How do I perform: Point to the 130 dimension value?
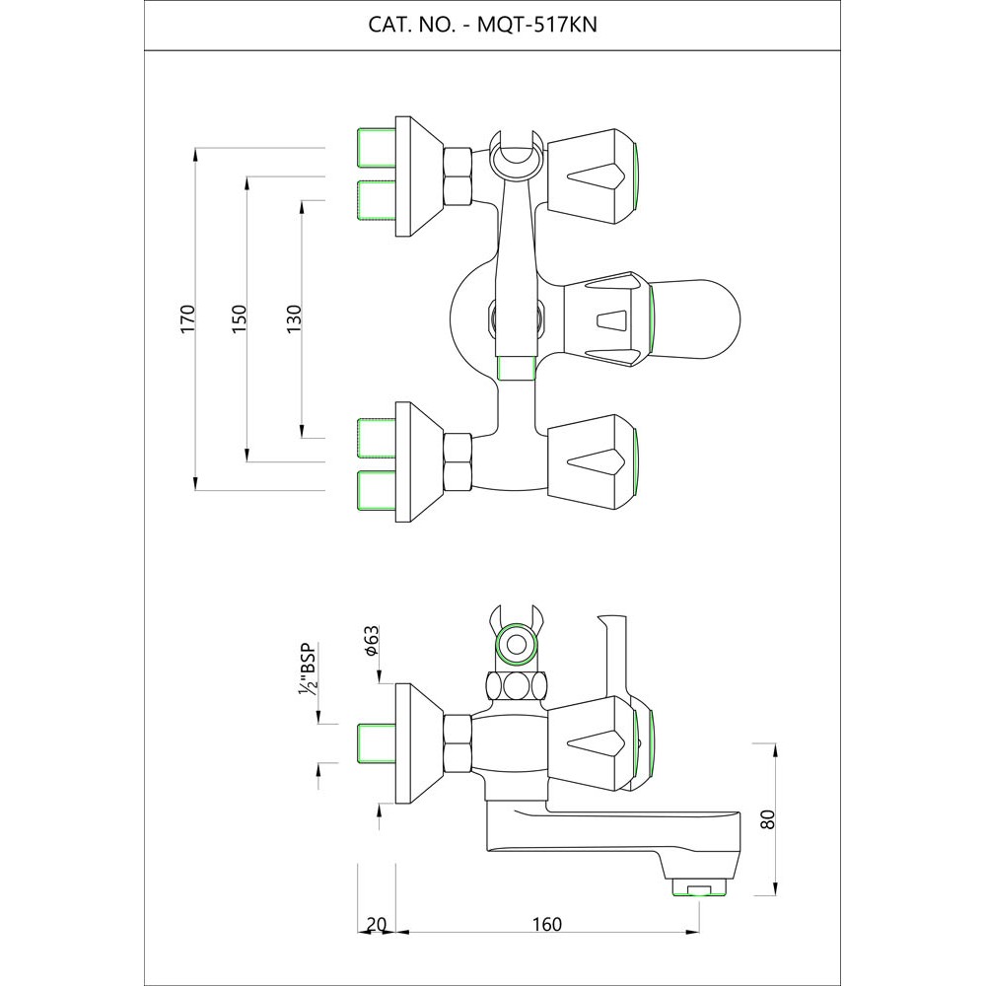click(x=293, y=318)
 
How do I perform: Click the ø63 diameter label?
click(x=371, y=642)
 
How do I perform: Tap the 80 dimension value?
click(x=769, y=818)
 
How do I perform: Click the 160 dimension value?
click(x=546, y=924)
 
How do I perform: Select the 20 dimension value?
click(x=376, y=924)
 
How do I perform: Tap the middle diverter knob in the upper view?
click(x=607, y=318)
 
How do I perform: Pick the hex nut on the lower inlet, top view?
click(x=458, y=461)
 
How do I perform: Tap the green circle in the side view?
click(x=515, y=647)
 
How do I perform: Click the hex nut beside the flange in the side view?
click(x=458, y=744)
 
